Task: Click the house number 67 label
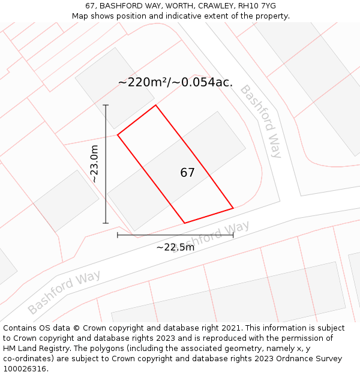[x=187, y=173]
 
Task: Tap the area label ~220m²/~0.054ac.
[x=175, y=82]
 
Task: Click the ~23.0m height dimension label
[x=94, y=164]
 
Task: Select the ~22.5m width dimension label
[x=175, y=247]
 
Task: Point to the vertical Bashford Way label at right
[x=261, y=121]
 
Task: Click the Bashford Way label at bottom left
[x=64, y=292]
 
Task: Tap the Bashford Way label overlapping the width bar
[x=211, y=237]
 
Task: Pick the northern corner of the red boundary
[x=156, y=106]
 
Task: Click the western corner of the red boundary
[x=118, y=135]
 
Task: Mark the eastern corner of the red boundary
[x=233, y=208]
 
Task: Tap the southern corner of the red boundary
[x=184, y=223]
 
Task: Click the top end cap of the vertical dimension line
[x=106, y=105]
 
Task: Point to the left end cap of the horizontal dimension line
[x=118, y=235]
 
